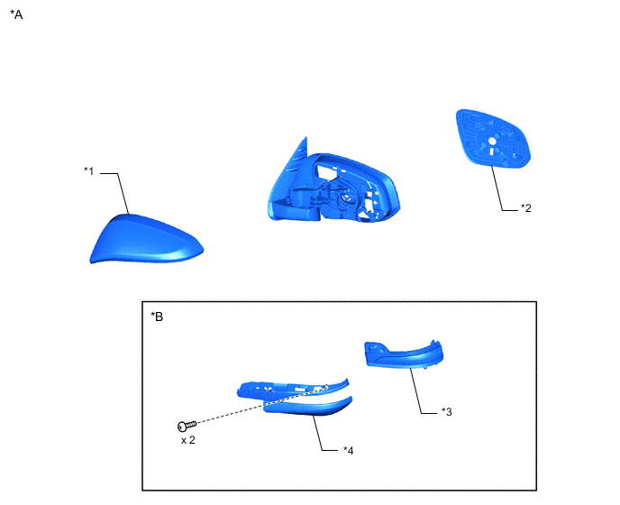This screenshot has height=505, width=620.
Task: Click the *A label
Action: (15, 14)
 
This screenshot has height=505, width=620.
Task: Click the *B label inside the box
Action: (157, 317)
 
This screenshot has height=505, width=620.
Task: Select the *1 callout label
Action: (88, 170)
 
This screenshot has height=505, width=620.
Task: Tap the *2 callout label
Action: (526, 207)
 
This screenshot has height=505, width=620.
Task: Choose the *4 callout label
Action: (348, 449)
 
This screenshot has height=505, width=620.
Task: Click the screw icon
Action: (187, 425)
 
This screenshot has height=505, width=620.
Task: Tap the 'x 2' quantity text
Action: (187, 441)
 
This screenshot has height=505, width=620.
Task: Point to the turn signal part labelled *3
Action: (406, 355)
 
